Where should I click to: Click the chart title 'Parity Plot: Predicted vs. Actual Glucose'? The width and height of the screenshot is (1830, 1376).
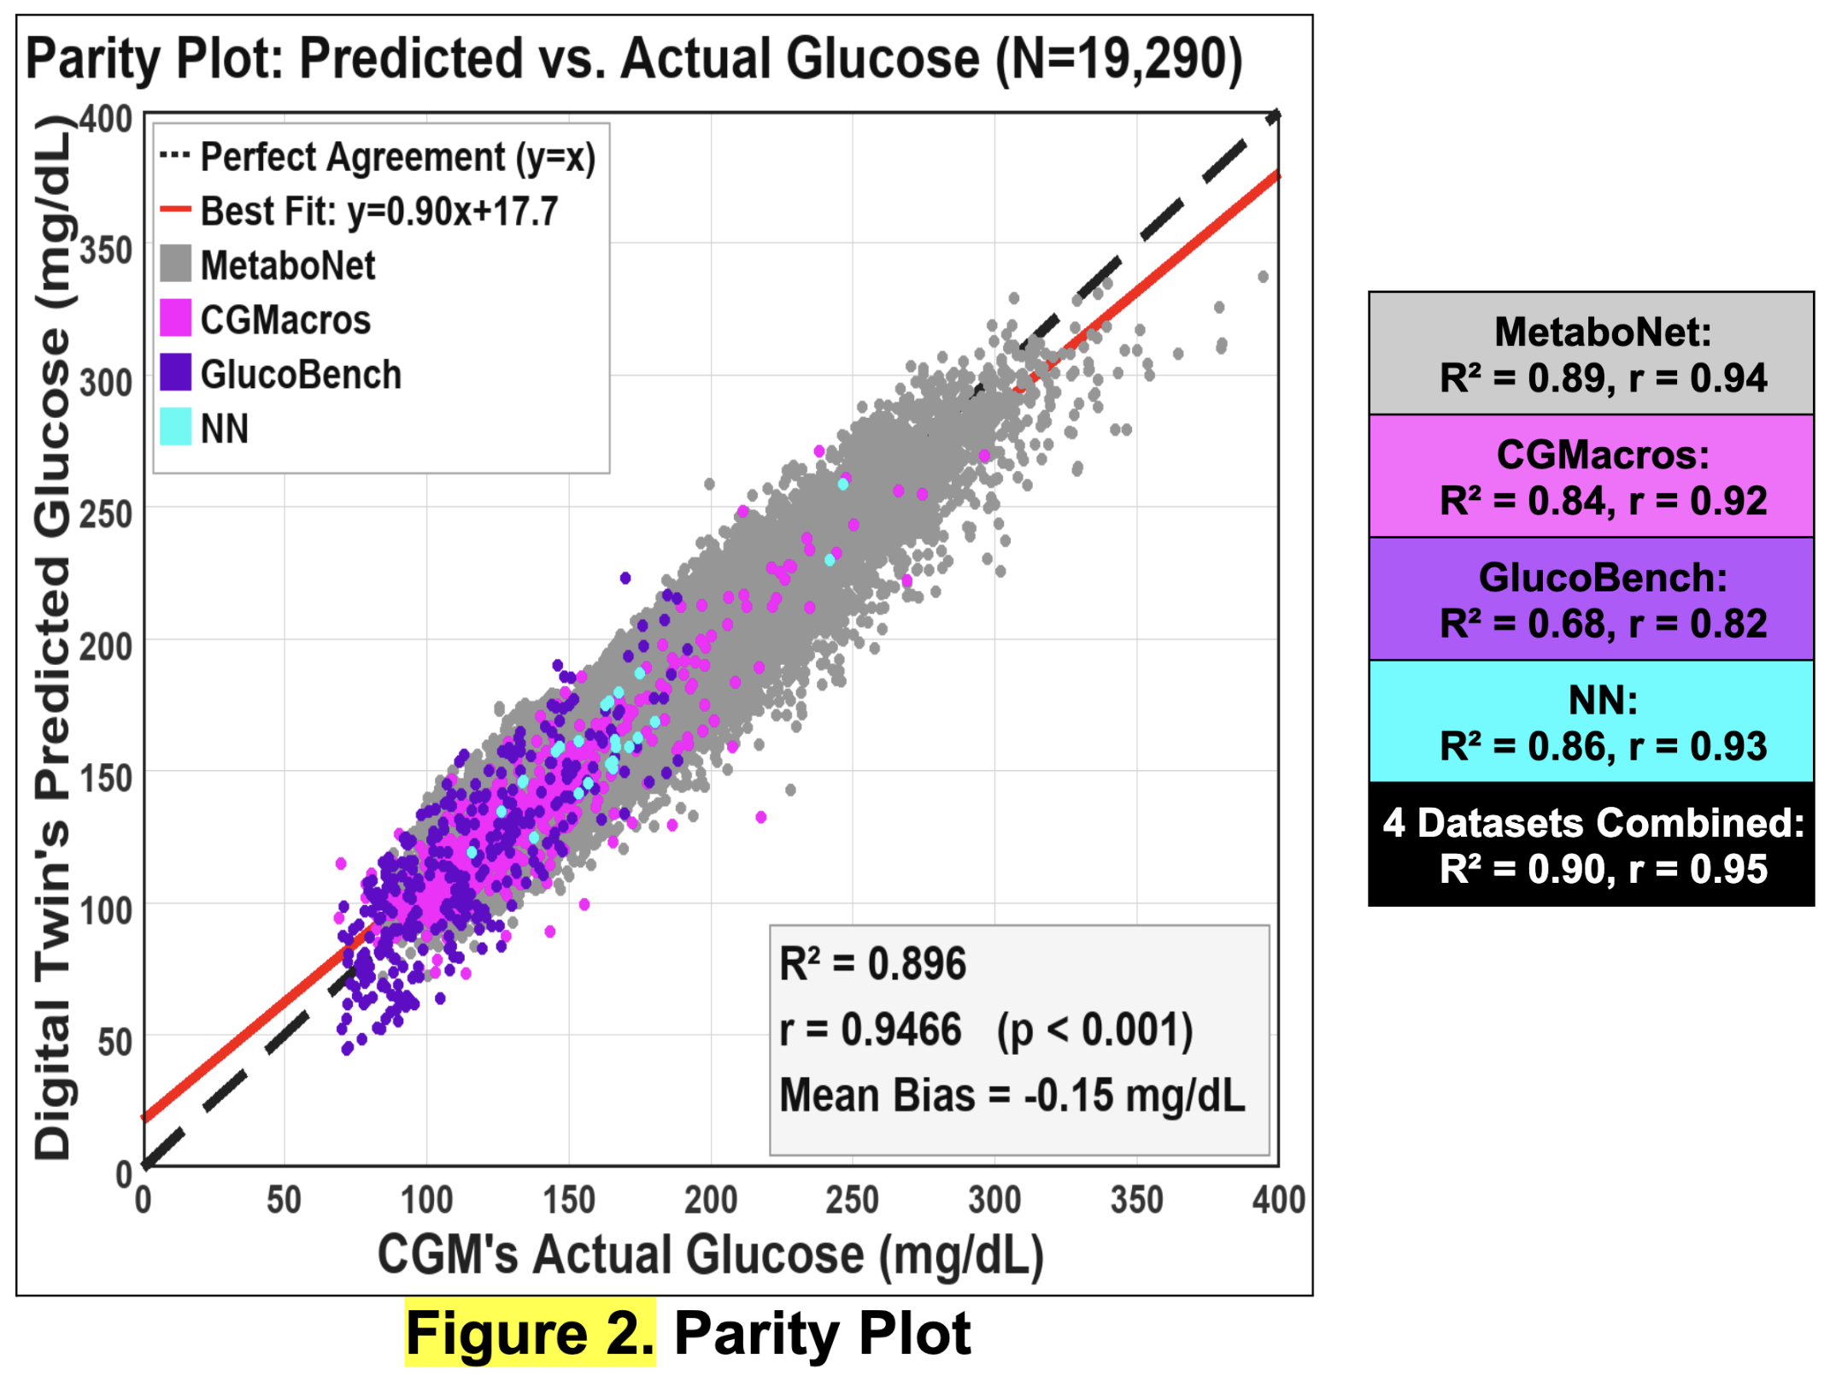click(x=501, y=59)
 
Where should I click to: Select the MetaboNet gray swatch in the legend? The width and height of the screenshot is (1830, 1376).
click(x=175, y=263)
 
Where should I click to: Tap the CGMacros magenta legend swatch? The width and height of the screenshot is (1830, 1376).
click(x=175, y=318)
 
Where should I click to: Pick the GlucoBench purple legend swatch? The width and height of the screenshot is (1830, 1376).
click(x=175, y=373)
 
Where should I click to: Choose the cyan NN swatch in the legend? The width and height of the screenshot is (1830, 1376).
click(x=175, y=426)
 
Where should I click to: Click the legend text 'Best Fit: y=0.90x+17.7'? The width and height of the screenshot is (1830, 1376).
click(x=379, y=211)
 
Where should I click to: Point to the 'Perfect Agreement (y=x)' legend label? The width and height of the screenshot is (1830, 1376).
click(x=398, y=157)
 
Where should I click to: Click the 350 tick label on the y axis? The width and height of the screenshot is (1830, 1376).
click(x=106, y=251)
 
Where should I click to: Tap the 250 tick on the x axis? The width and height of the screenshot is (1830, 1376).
click(x=852, y=1200)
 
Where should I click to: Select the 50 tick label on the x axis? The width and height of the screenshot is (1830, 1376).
click(x=284, y=1200)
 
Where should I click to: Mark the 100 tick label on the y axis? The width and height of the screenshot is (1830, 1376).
click(x=106, y=911)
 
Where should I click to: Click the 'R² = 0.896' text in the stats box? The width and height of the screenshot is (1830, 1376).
click(x=872, y=964)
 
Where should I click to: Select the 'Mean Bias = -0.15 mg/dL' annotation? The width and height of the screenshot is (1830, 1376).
click(x=1012, y=1095)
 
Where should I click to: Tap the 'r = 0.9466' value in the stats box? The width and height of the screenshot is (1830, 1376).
click(x=871, y=1029)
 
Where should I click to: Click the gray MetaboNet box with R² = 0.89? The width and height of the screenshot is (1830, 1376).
click(x=1591, y=354)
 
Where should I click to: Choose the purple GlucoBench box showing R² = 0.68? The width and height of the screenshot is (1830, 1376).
click(x=1591, y=599)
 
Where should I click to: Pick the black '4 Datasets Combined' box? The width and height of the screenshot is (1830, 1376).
click(x=1591, y=844)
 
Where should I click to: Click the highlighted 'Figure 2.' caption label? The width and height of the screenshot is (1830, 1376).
click(x=530, y=1334)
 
